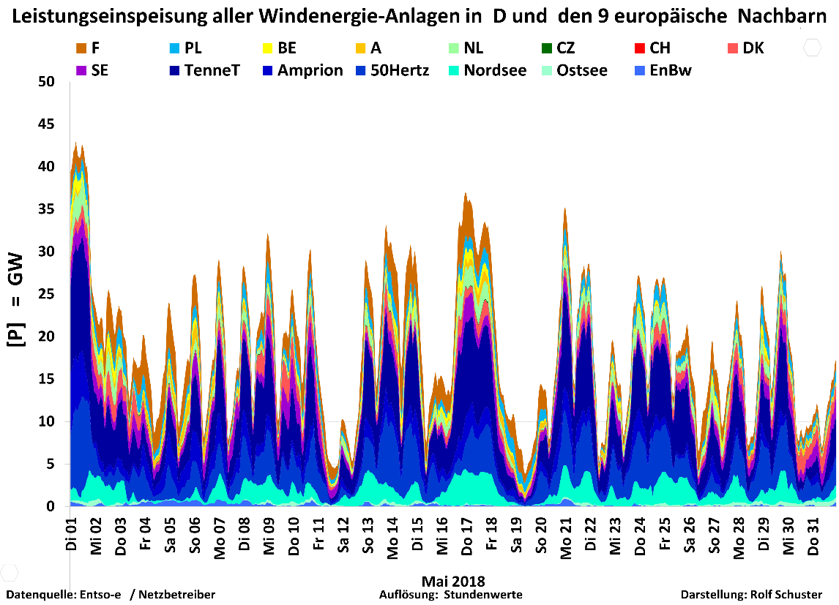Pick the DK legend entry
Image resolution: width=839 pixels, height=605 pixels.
point(753,48)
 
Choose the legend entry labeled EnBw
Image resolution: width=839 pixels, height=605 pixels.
point(670,71)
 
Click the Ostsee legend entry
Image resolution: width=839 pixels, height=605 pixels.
point(581,71)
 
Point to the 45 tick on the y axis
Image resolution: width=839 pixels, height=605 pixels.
point(47,124)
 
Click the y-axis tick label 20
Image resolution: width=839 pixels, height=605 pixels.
point(47,337)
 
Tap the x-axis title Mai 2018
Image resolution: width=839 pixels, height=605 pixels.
point(453,582)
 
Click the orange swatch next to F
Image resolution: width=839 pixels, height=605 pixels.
point(81,48)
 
